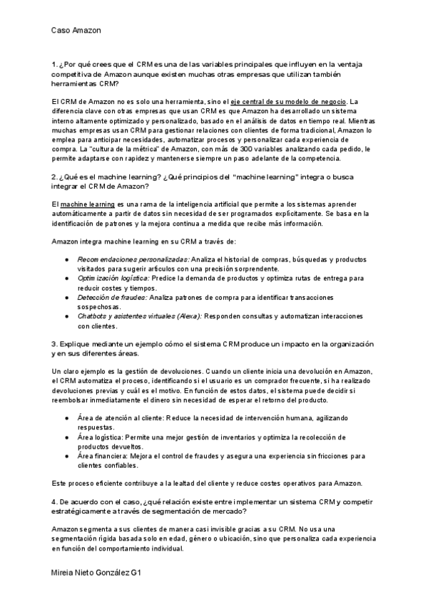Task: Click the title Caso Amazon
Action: point(76,31)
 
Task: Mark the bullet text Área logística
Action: point(103,437)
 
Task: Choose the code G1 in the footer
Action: point(146,573)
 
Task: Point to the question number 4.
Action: point(54,501)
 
